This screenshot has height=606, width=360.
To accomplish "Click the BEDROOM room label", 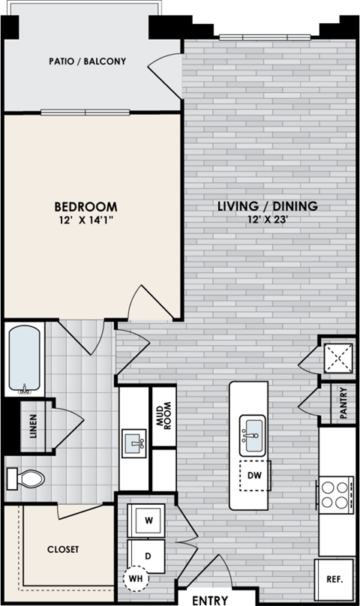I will coord(85,206).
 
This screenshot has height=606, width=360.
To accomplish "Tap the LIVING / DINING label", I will coord(268,206).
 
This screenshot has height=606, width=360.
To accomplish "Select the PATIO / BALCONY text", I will coord(87,62).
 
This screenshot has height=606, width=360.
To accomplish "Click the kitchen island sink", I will coord(252,433).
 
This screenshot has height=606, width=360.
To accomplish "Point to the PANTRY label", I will coord(342,403).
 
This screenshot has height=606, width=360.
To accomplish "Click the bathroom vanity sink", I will coord(136,441).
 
